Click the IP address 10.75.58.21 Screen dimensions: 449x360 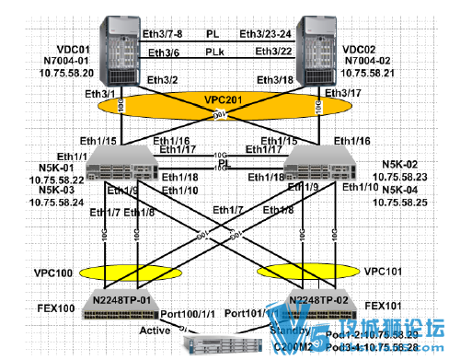tap(368, 71)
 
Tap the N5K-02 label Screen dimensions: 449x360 tap(399, 166)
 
